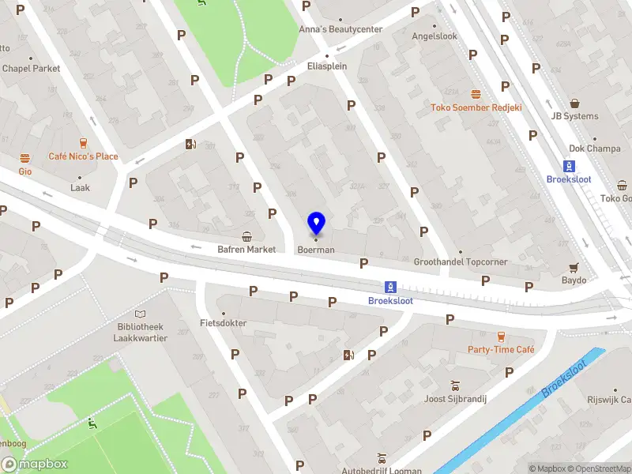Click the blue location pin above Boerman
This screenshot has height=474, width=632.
[316, 224]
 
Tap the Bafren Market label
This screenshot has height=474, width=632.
[246, 250]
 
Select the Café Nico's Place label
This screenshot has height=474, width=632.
[83, 156]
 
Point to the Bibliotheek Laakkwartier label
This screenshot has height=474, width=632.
[140, 333]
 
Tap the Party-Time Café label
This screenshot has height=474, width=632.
[501, 350]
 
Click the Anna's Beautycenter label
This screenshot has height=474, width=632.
[340, 30]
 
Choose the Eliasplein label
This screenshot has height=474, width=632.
[327, 66]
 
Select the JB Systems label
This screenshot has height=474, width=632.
[574, 116]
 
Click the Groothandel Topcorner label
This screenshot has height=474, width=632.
[460, 261]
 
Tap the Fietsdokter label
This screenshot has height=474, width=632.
[223, 323]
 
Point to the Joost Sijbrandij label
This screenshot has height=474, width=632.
[455, 398]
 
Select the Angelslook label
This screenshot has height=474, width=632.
[434, 36]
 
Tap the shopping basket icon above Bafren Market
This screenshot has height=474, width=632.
[246, 236]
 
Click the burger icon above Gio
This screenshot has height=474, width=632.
[25, 157]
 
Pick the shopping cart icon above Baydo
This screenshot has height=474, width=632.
[574, 268]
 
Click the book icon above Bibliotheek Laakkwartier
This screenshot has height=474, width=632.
[140, 314]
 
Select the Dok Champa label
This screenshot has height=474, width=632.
[595, 149]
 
